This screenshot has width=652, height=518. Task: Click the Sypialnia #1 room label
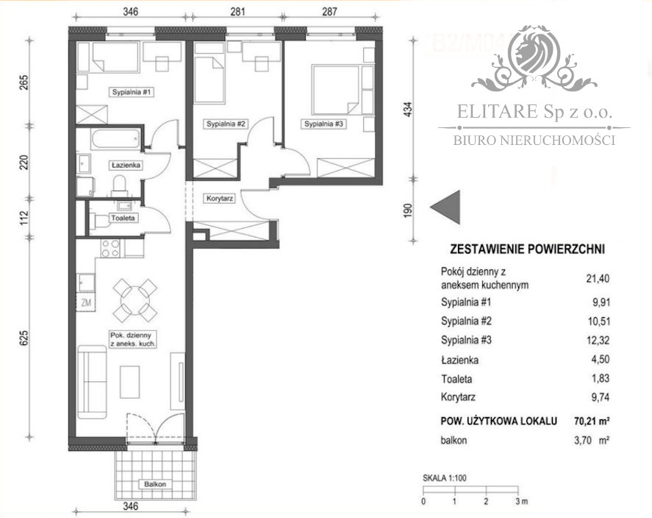coord(132,92)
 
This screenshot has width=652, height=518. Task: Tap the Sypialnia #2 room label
coord(226,124)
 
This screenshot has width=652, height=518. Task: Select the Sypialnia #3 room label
coord(324,124)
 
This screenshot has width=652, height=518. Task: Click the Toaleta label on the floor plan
coord(123,219)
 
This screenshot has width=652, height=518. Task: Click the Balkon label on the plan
coord(156,484)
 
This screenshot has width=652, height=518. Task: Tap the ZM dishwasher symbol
coord(86,301)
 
